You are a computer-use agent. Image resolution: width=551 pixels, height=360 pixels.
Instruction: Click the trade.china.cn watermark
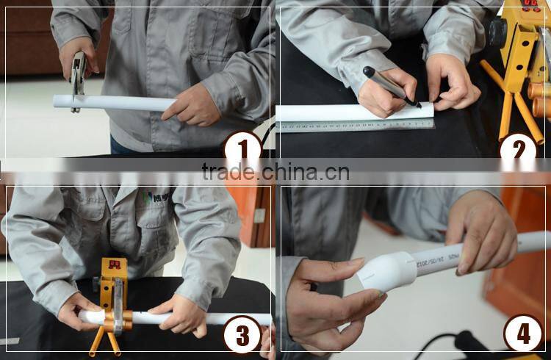click(275, 172)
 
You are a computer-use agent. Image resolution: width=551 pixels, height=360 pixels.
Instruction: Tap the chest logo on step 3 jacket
click(156, 198)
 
